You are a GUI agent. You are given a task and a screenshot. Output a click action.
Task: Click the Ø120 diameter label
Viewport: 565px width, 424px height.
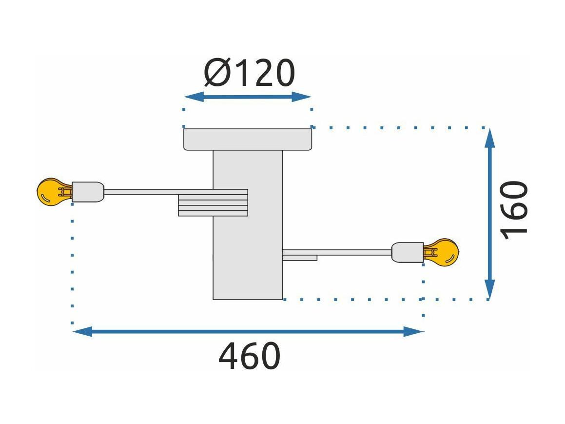click(x=249, y=73)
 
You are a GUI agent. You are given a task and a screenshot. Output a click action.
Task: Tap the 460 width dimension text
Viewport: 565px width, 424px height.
click(x=249, y=356)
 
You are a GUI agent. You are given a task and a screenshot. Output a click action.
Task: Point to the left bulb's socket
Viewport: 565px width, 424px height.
click(x=88, y=192)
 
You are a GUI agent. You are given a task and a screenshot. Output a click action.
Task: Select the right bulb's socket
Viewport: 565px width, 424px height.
click(x=408, y=252)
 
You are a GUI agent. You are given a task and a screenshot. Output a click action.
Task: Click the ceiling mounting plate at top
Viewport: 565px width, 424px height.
click(x=248, y=139)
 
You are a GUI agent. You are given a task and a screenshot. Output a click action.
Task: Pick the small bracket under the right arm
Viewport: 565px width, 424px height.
click(x=300, y=258)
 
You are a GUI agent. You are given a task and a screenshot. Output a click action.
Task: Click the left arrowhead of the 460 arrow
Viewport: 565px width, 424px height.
click(x=82, y=331)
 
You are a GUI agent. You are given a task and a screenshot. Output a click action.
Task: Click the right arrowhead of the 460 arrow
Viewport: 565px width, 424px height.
click(x=414, y=331)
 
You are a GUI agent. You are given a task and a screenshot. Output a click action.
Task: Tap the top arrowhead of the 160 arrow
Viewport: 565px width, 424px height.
click(x=489, y=138)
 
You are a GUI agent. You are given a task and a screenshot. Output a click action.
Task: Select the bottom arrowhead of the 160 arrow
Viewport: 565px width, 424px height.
click(x=489, y=289)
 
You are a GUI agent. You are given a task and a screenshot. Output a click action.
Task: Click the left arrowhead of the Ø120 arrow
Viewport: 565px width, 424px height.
click(x=194, y=97)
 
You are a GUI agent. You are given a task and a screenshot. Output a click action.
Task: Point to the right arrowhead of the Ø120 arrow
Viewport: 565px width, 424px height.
click(x=301, y=97)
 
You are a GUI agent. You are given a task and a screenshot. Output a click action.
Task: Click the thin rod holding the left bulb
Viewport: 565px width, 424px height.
click(x=158, y=192)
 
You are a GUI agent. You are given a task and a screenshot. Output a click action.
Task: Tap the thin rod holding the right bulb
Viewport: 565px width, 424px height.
click(x=337, y=252)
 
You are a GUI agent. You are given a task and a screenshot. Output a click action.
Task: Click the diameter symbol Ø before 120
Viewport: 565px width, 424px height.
click(x=217, y=73)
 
